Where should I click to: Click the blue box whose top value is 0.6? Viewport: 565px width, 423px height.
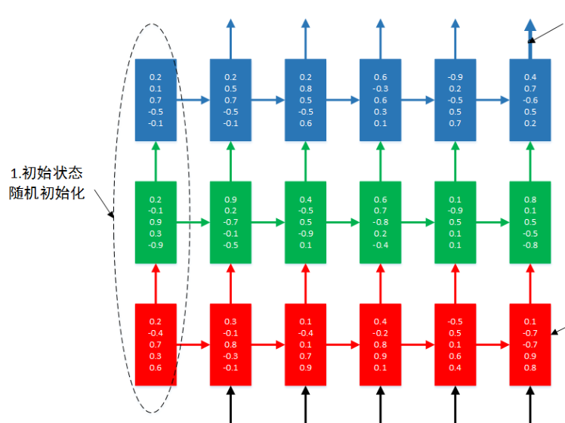(380, 100)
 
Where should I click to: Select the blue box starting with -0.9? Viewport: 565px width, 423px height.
(455, 100)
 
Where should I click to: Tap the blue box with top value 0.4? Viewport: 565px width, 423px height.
(530, 100)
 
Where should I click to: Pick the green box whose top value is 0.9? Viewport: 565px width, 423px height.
(230, 222)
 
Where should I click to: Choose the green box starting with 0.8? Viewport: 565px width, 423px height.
(530, 222)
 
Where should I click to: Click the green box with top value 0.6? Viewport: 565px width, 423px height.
(380, 222)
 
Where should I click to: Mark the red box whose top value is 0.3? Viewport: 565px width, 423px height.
(230, 344)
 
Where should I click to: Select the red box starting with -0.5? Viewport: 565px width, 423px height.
(455, 344)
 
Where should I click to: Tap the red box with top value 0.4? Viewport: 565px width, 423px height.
(380, 344)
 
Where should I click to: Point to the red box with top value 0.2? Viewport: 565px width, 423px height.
(156, 344)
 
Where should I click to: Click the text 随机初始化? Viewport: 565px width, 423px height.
(51, 193)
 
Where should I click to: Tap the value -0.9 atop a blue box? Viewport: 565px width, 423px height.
(455, 77)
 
